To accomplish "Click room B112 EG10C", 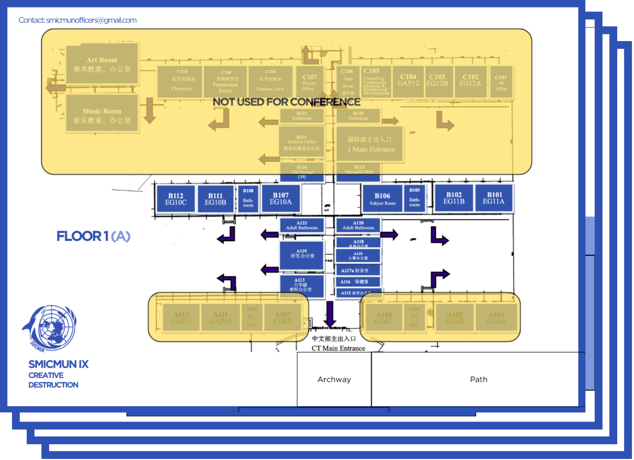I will [x=176, y=199].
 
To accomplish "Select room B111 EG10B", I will [x=215, y=199].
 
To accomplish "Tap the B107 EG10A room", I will [x=281, y=199].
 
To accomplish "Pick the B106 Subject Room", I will [x=382, y=199].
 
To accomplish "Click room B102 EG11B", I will [x=454, y=198].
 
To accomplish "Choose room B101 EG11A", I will [x=494, y=198].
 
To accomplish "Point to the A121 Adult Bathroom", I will [x=302, y=225].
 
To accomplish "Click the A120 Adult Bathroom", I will [x=358, y=225].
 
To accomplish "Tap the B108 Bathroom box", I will [x=248, y=198].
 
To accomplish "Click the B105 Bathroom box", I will [x=414, y=198].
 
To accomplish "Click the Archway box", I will [x=334, y=379].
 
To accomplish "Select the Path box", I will [x=478, y=379].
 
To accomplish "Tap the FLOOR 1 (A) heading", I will [x=93, y=236].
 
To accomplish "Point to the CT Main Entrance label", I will [x=338, y=348].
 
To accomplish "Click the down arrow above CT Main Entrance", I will [x=330, y=314].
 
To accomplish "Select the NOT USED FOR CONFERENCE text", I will [x=286, y=102].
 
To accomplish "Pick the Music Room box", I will [x=102, y=113].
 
